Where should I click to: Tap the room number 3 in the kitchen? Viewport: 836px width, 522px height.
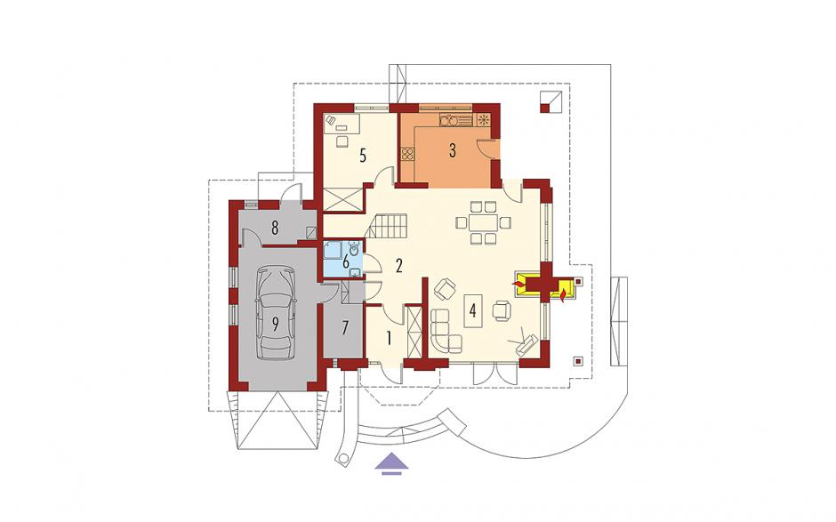pyautogui.click(x=452, y=150)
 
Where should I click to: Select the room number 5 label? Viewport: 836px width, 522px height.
pyautogui.click(x=363, y=157)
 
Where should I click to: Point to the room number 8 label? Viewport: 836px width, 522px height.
pyautogui.click(x=275, y=229)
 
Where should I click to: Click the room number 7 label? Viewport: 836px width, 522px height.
pyautogui.click(x=345, y=327)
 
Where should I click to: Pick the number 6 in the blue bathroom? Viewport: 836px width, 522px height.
pyautogui.click(x=345, y=261)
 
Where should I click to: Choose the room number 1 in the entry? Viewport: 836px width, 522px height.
pyautogui.click(x=390, y=338)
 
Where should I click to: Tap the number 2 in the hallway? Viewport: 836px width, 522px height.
pyautogui.click(x=398, y=266)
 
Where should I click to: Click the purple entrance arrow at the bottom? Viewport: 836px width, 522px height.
pyautogui.click(x=390, y=462)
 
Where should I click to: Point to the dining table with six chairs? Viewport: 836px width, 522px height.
pyautogui.click(x=483, y=221)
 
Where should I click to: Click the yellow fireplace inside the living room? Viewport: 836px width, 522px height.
pyautogui.click(x=527, y=284)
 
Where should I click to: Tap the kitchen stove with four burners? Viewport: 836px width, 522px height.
pyautogui.click(x=408, y=154)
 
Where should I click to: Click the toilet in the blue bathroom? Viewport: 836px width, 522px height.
pyautogui.click(x=355, y=249)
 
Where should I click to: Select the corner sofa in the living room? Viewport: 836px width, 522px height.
pyautogui.click(x=446, y=331)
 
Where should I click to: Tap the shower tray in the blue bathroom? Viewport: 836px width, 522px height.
pyautogui.click(x=334, y=250)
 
